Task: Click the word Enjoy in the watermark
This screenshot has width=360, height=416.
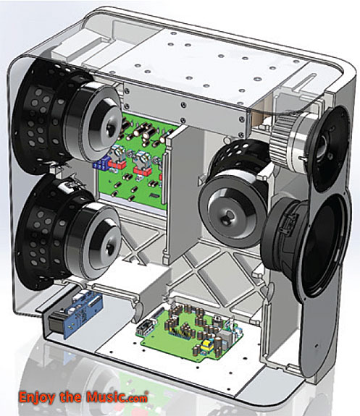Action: coord(37,397)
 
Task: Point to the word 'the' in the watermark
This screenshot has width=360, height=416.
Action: coord(70,396)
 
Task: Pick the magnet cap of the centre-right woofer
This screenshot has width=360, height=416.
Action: coord(234,209)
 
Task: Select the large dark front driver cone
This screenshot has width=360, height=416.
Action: coord(323,245)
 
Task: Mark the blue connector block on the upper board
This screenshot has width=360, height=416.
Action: coord(101,162)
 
